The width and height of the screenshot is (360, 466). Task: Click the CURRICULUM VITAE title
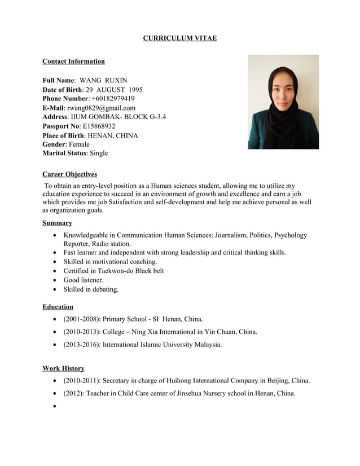(179, 38)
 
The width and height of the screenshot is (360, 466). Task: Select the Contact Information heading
(73, 61)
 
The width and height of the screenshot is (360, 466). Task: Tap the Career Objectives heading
(69, 174)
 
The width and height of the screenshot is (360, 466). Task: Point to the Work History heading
(63, 368)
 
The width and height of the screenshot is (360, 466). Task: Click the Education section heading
(58, 307)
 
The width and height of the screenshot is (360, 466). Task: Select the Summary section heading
(57, 223)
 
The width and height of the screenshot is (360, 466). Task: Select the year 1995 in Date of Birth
(135, 90)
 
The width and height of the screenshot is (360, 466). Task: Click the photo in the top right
(283, 102)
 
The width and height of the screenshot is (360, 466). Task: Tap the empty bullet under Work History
(54, 407)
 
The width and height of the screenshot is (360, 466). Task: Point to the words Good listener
(83, 280)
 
